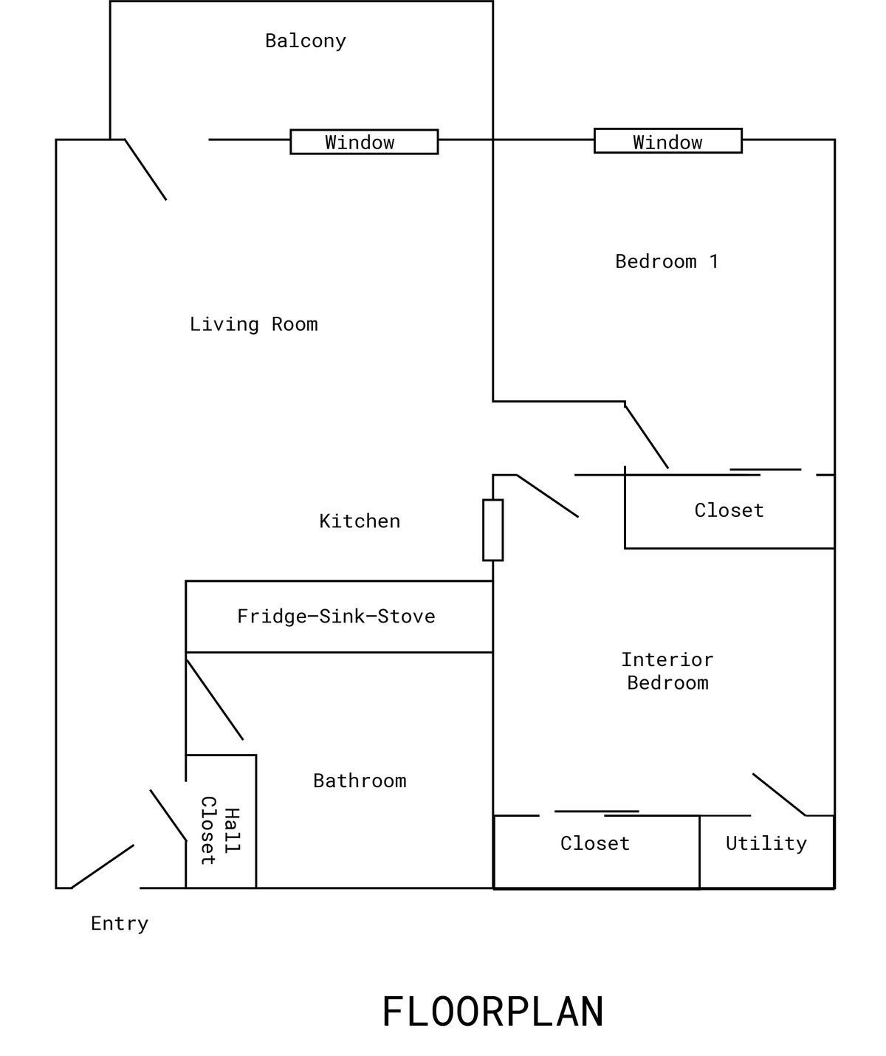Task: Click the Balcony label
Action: (x=305, y=41)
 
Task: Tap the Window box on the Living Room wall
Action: (x=363, y=142)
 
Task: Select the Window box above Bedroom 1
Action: (x=667, y=141)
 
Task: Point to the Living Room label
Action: (x=253, y=324)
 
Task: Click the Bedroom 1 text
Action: (x=666, y=261)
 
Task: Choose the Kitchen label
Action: (x=360, y=521)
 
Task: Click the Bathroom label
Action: (x=360, y=781)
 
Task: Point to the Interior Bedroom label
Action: (x=667, y=671)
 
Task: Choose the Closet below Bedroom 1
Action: (x=729, y=511)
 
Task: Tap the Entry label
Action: (x=120, y=923)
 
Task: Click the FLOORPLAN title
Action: (x=492, y=1012)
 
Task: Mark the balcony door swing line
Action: (x=145, y=169)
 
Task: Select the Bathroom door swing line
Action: (x=214, y=699)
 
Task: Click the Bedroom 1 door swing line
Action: (x=647, y=436)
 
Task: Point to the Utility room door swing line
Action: (x=779, y=795)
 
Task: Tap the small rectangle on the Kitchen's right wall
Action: (x=492, y=530)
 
